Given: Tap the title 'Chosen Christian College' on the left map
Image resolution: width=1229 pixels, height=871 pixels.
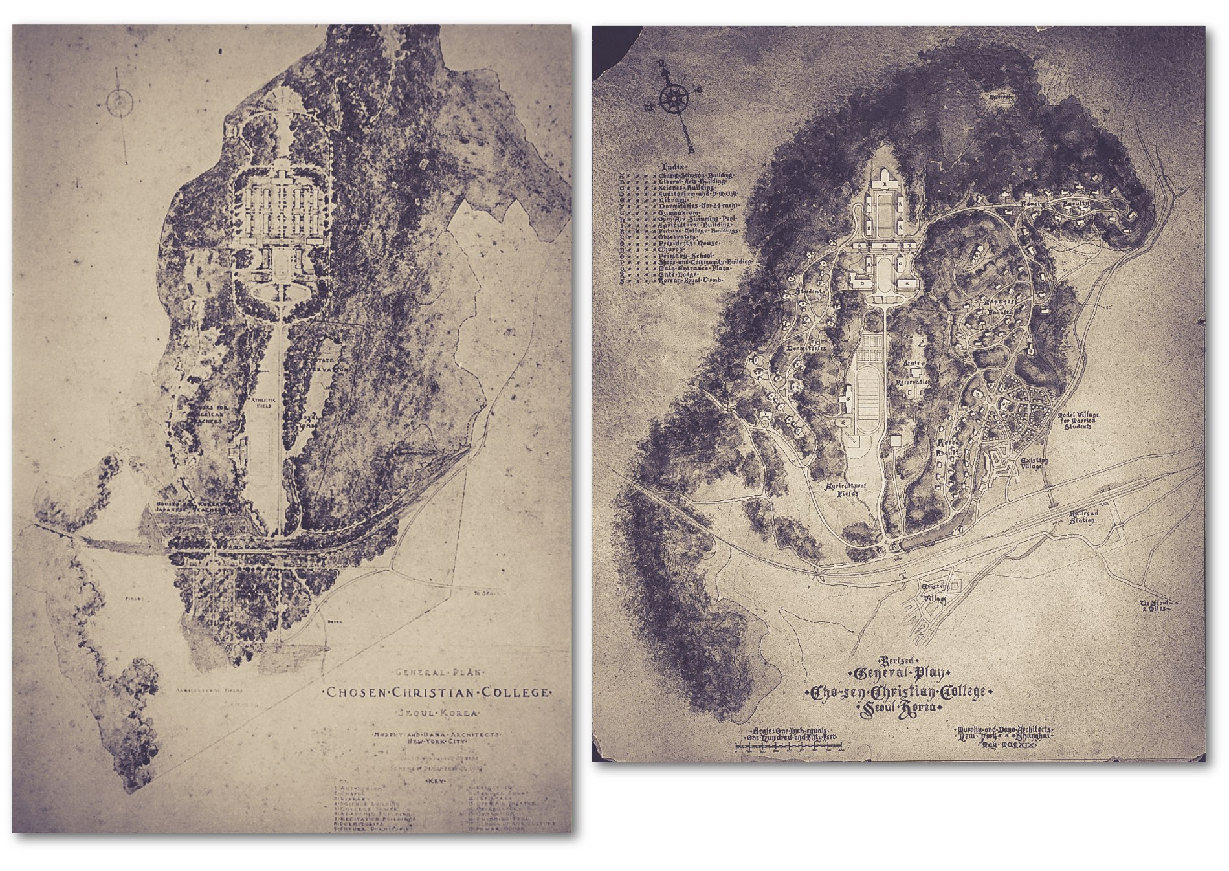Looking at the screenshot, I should [x=437, y=692].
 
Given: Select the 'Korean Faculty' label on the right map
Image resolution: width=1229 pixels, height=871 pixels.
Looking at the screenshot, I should [x=949, y=448].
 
